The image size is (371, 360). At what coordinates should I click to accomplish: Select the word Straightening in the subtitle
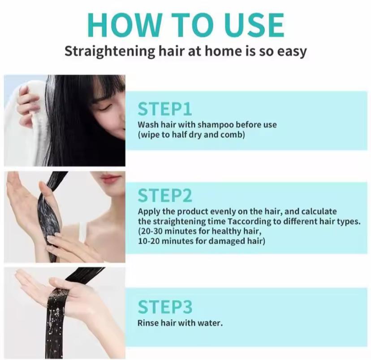(109, 51)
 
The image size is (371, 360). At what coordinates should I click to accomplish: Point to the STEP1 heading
(165, 109)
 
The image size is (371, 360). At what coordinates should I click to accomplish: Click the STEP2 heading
(165, 195)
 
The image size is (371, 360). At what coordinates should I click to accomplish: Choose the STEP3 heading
(165, 307)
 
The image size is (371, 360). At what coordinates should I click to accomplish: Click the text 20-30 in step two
(151, 231)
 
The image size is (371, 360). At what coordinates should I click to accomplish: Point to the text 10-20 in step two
(150, 241)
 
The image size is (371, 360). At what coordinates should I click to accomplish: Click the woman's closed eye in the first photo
(105, 108)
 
